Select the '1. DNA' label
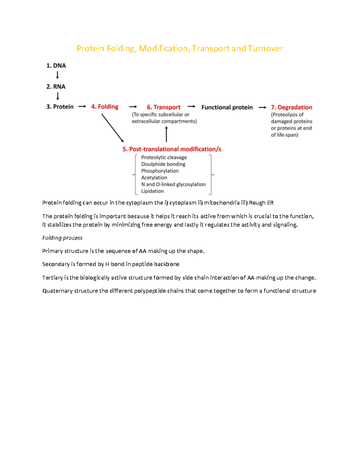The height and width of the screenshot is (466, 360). [56, 66]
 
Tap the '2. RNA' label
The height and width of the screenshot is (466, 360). [56, 87]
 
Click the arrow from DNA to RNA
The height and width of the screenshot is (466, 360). [57, 75]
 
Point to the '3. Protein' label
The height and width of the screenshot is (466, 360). [60, 107]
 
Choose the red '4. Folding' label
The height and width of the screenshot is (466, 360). [105, 107]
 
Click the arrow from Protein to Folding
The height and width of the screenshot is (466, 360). [82, 107]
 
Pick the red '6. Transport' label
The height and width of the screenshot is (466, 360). [163, 107]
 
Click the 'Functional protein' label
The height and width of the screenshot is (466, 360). [227, 107]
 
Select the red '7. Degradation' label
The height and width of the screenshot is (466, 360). [291, 107]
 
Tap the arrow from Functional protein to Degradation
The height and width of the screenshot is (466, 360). [262, 107]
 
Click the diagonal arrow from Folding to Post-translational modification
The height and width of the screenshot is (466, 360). [112, 128]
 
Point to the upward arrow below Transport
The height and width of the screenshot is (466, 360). [166, 134]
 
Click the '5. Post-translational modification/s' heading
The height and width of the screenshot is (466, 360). [172, 149]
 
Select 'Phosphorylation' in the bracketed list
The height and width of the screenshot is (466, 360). [160, 171]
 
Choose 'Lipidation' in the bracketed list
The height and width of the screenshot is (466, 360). [152, 191]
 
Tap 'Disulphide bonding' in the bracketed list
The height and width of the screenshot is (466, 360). [163, 164]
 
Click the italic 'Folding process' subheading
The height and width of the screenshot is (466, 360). [62, 238]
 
